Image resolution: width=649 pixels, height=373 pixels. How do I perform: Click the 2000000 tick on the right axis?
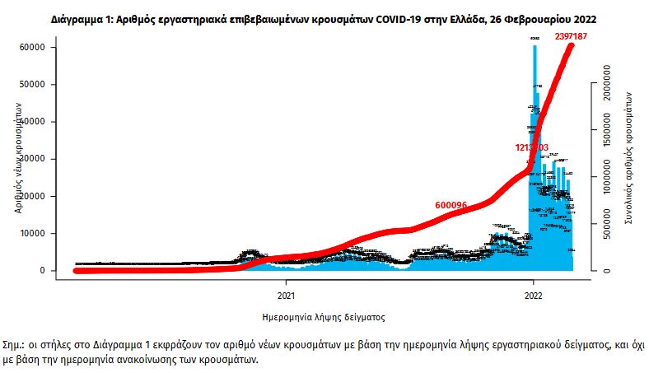pos(611,84)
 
